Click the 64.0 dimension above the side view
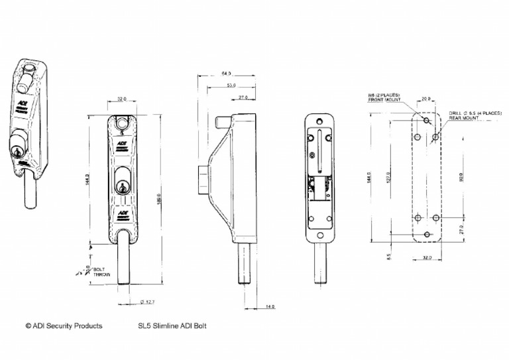click(x=226, y=74)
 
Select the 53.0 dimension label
click(x=231, y=86)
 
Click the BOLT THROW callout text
click(x=101, y=272)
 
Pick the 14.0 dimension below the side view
click(x=270, y=307)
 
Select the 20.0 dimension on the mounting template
click(x=425, y=99)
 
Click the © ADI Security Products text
click(x=64, y=326)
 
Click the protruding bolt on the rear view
click(x=320, y=265)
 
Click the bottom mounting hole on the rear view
click(x=320, y=235)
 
